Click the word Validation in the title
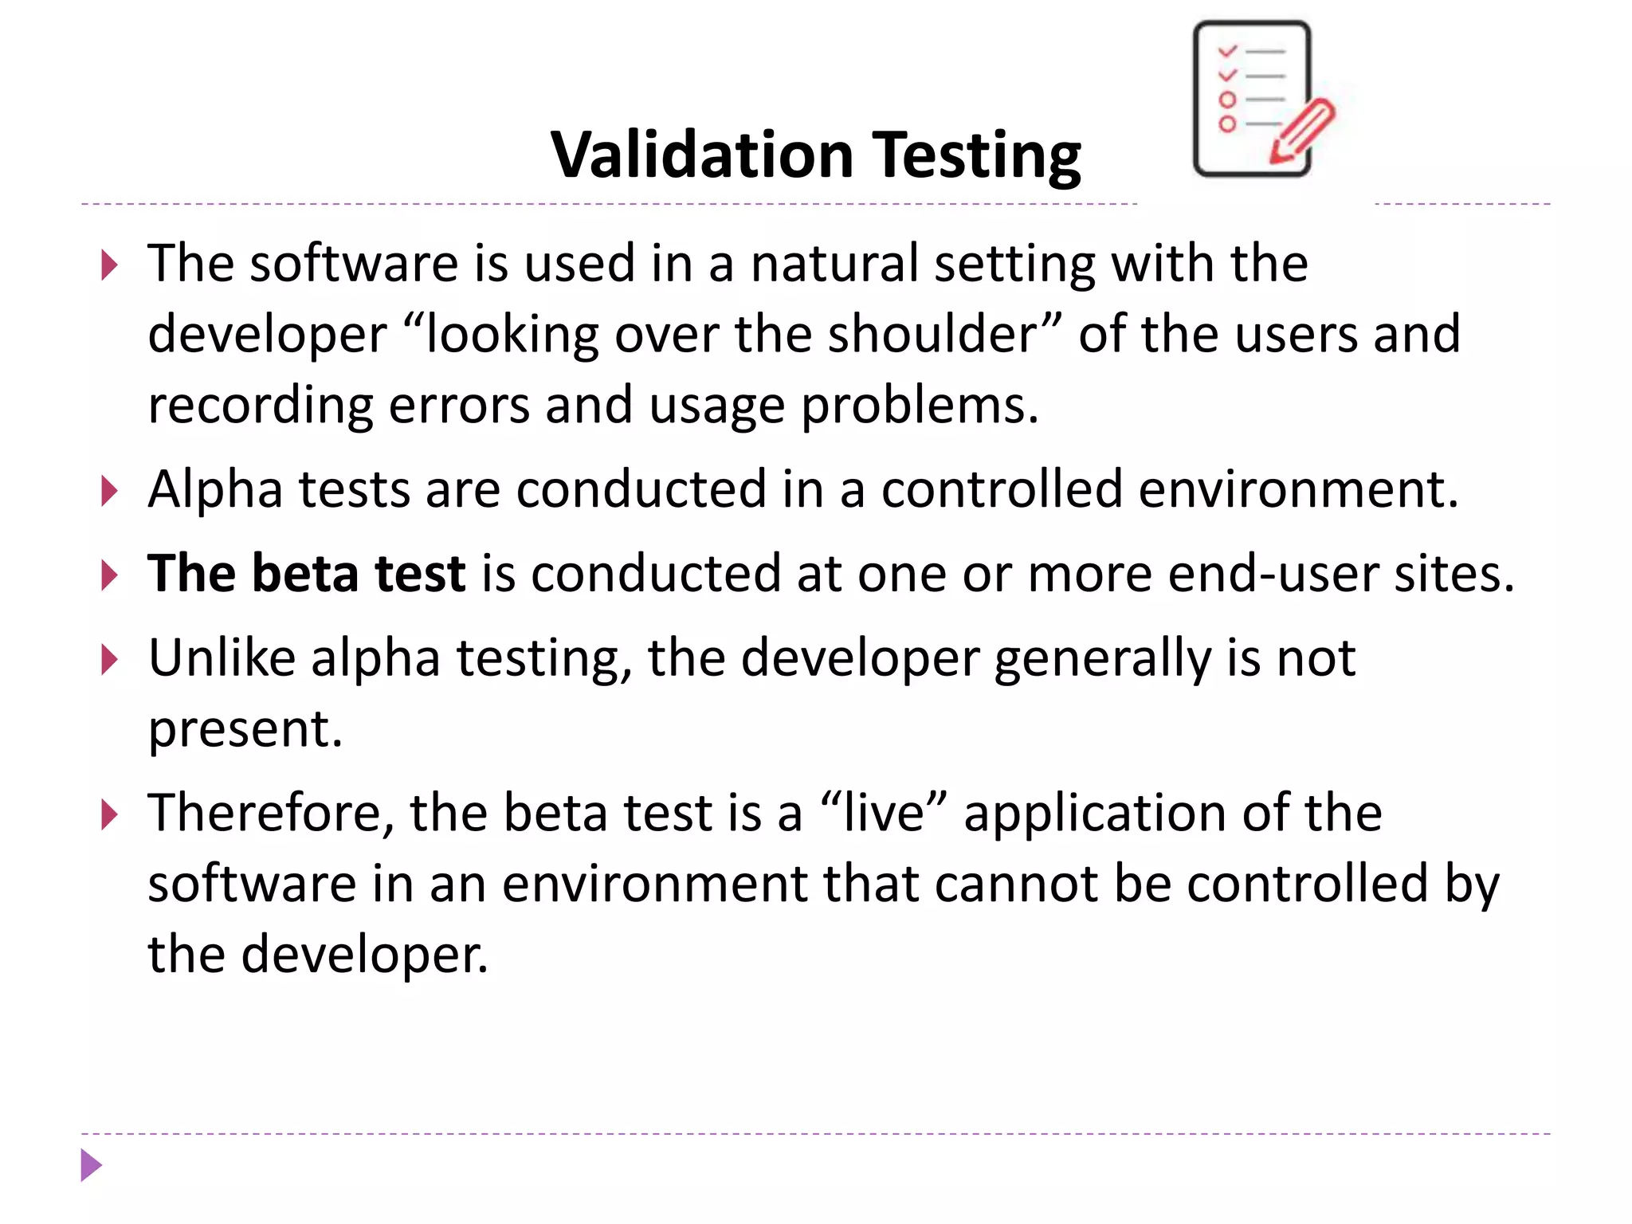point(702,155)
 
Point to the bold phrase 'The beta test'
point(306,573)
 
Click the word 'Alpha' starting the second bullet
point(215,488)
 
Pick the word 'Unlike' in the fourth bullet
point(222,658)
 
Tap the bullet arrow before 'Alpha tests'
point(110,492)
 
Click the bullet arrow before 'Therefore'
point(110,815)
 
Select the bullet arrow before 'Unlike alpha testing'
point(110,661)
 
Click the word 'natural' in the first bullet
point(834,264)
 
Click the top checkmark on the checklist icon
point(1227,51)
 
